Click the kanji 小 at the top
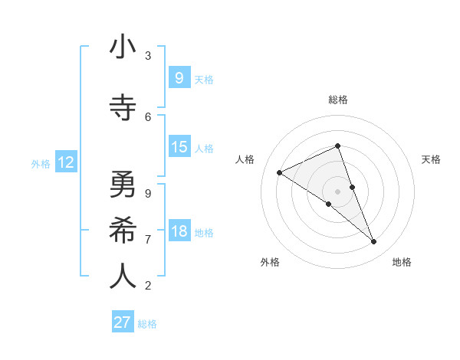(x=123, y=48)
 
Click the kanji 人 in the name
(x=123, y=276)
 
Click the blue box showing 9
(x=179, y=77)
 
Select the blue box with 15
(x=179, y=147)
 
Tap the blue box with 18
(x=179, y=231)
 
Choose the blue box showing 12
(x=65, y=162)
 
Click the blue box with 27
(x=122, y=322)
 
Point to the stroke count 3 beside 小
(x=148, y=55)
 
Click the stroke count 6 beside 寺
(x=148, y=116)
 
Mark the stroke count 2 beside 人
(x=148, y=286)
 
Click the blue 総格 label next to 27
(x=147, y=324)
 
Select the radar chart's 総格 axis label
(x=337, y=100)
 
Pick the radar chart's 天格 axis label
(x=432, y=159)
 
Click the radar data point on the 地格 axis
(x=374, y=242)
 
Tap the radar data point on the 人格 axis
(x=279, y=173)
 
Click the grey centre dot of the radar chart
(x=337, y=191)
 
